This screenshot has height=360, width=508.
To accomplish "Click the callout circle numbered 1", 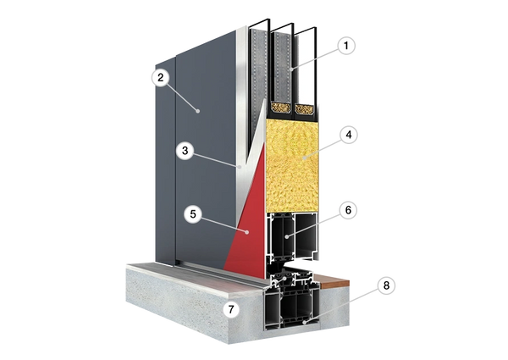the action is pyautogui.click(x=346, y=46).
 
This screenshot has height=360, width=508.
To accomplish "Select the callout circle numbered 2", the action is pyautogui.click(x=161, y=78).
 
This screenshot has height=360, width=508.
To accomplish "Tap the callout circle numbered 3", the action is pyautogui.click(x=185, y=151).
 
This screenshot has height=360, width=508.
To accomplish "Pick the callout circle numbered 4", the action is pyautogui.click(x=349, y=135).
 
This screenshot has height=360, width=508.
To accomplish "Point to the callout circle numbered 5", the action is pyautogui.click(x=193, y=214).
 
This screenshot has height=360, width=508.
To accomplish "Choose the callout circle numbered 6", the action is pyautogui.click(x=348, y=210).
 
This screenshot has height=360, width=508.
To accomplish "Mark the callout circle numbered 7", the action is pyautogui.click(x=231, y=310).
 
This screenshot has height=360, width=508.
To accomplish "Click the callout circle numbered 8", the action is pyautogui.click(x=386, y=285).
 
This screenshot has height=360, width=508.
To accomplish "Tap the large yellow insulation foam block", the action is pyautogui.click(x=292, y=165).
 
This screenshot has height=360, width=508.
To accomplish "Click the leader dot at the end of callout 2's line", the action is pyautogui.click(x=197, y=111).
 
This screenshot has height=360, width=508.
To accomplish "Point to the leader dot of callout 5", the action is pyautogui.click(x=247, y=232).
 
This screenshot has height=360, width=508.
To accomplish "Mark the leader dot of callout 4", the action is pyautogui.click(x=304, y=158).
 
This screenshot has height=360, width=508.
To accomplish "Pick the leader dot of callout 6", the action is pyautogui.click(x=287, y=237).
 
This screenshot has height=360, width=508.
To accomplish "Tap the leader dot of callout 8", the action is pyautogui.click(x=304, y=323).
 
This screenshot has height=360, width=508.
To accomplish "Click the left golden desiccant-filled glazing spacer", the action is pyautogui.click(x=280, y=108).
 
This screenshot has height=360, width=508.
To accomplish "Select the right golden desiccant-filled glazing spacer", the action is pyautogui.click(x=305, y=109).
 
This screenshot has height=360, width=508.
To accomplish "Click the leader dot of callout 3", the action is pyautogui.click(x=240, y=167).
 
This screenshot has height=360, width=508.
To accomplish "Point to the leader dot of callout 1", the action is pyautogui.click(x=291, y=69).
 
